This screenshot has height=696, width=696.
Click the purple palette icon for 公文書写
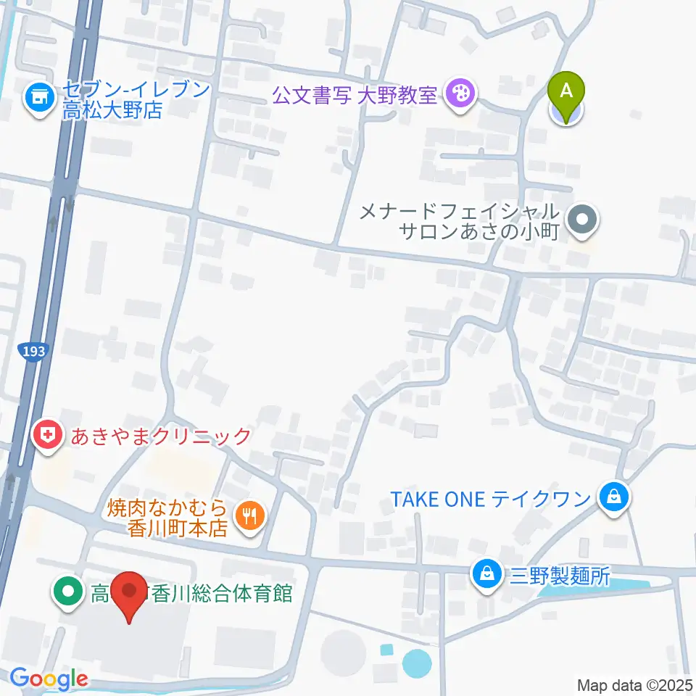pos(460,94)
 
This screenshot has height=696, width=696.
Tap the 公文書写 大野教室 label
pos(355,94)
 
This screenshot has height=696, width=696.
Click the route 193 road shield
pos(33,352)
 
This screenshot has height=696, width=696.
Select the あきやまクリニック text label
pos(161,436)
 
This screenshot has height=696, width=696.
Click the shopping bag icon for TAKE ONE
pos(614,498)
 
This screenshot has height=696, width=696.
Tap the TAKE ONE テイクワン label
pos(491,499)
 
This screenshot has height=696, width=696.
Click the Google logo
pos(49,679)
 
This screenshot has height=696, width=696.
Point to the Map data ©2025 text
pos(635,684)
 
